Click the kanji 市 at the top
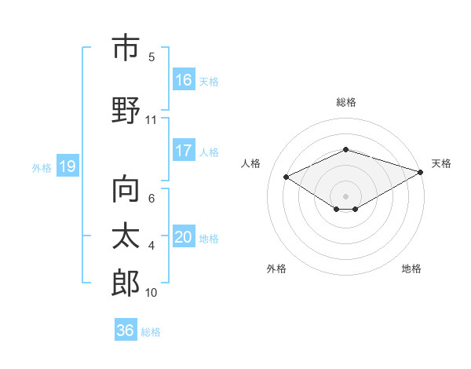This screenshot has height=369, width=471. click(126, 48)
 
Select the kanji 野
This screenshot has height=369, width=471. click(126, 110)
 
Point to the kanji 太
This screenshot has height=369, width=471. click(126, 236)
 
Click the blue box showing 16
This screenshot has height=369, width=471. click(184, 80)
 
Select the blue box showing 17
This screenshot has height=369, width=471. click(184, 151)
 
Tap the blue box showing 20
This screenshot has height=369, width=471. click(184, 237)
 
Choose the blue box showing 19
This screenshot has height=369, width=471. click(67, 166)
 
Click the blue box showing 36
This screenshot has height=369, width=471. click(126, 331)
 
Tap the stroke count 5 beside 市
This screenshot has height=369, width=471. click(152, 57)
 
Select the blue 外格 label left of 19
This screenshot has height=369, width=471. click(41, 167)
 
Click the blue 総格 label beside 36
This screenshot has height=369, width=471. click(151, 331)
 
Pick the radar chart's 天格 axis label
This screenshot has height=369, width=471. click(441, 163)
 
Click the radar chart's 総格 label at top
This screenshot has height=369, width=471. click(345, 102)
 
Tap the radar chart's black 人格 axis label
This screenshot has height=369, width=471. click(251, 163)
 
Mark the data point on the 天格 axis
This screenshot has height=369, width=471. click(422, 171)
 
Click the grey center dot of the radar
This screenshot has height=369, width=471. click(345, 195)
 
